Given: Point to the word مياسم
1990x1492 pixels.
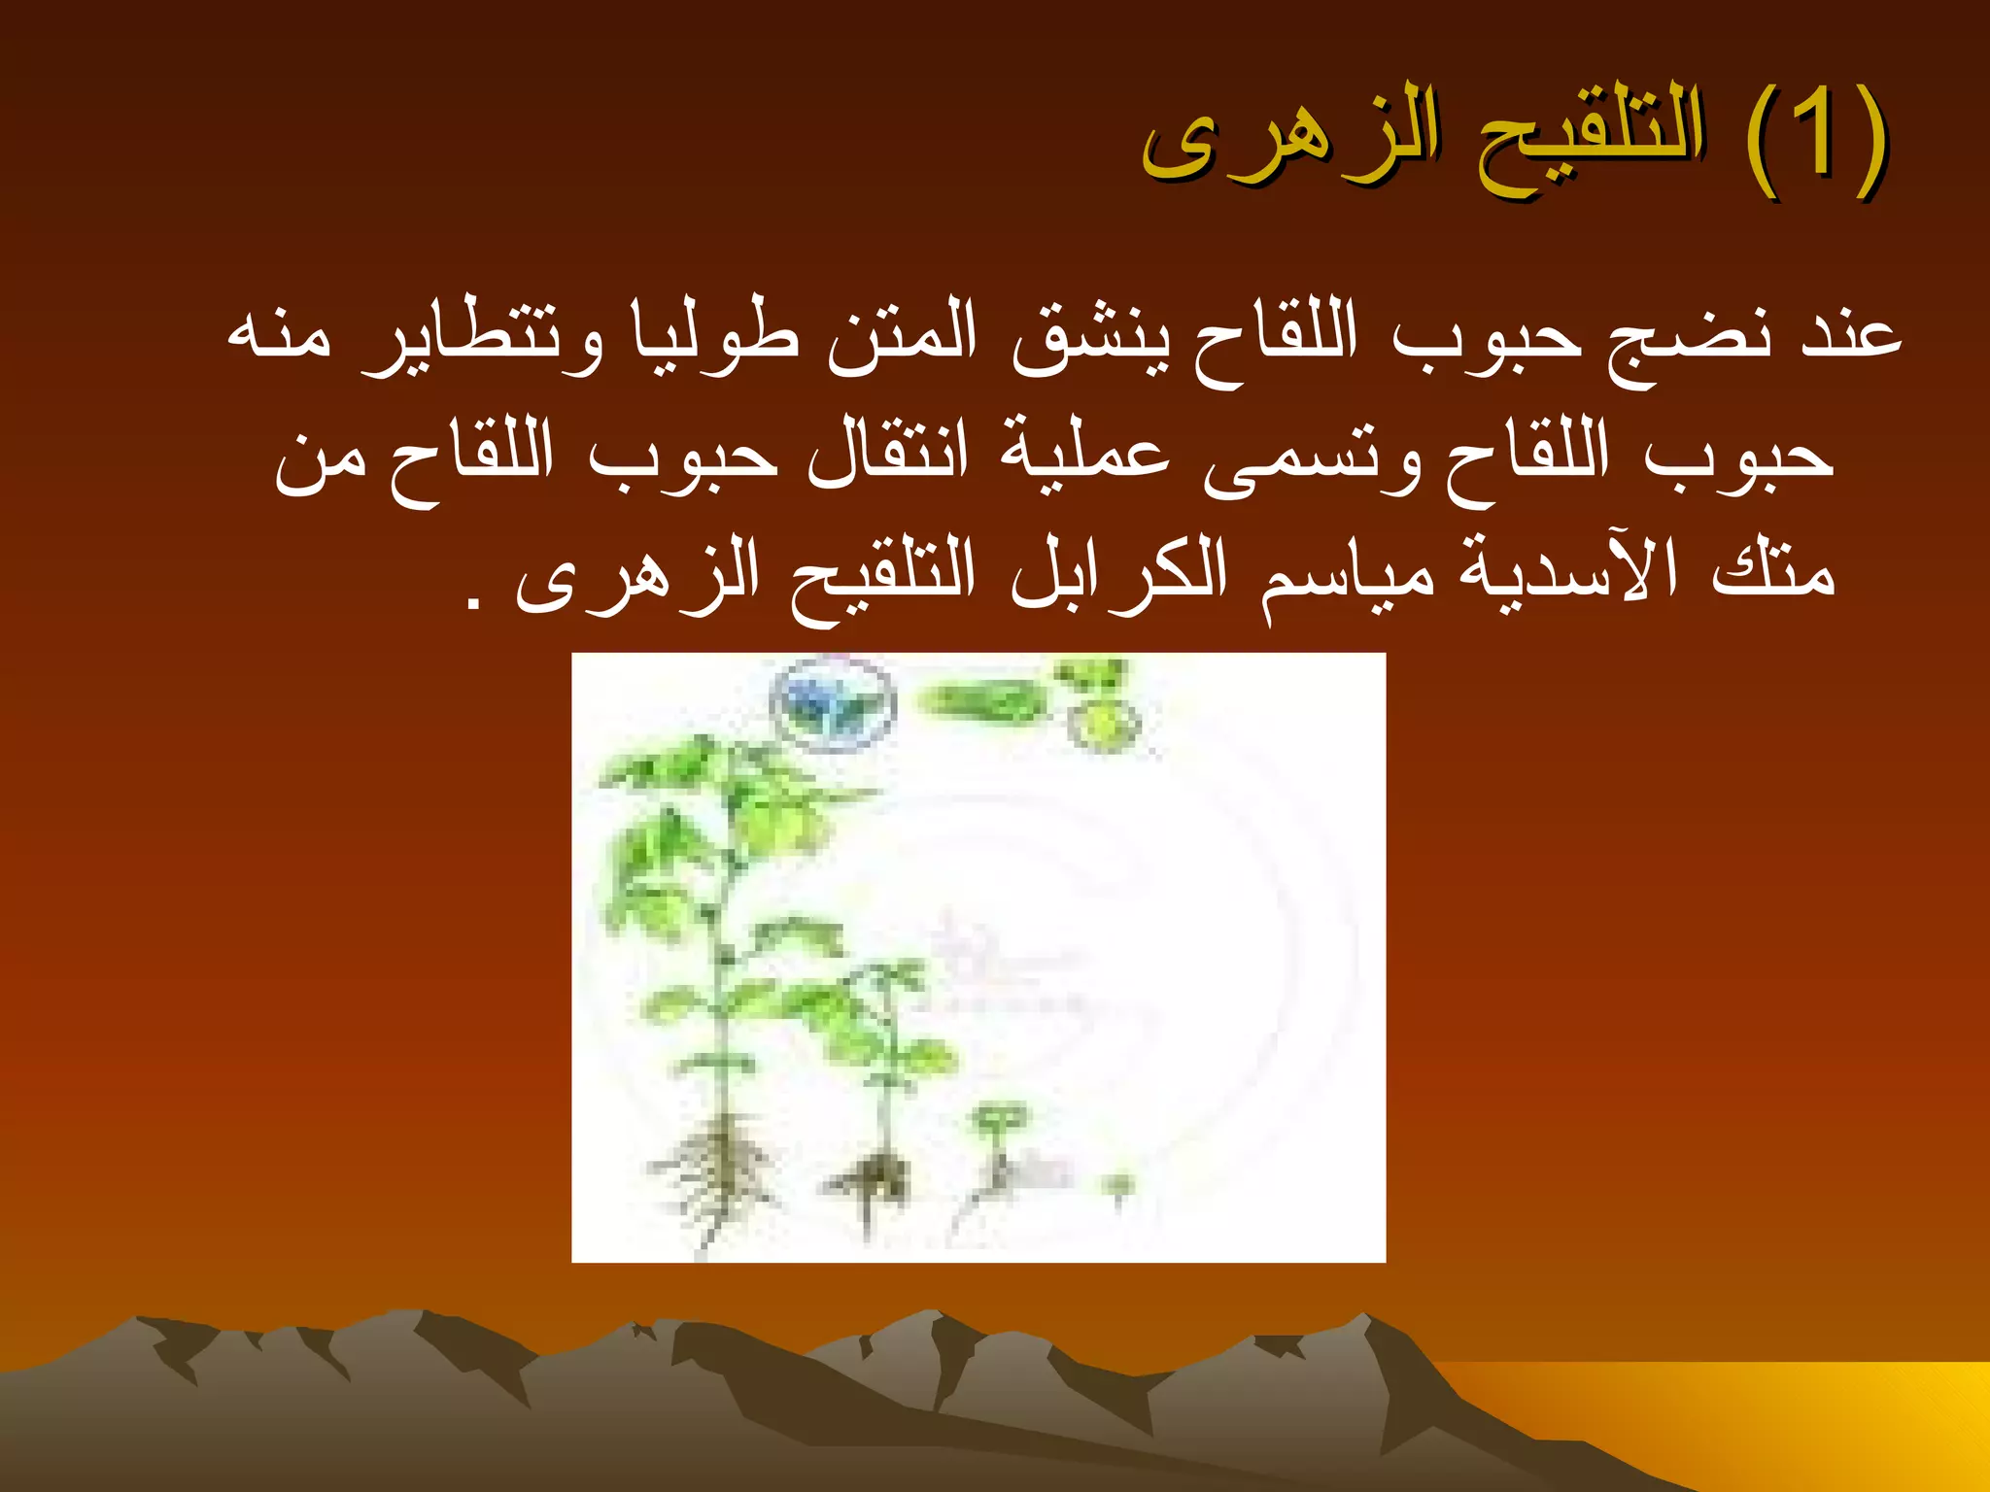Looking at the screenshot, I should pos(1347,577).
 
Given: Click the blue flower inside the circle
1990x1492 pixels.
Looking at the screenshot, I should pos(832,704).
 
